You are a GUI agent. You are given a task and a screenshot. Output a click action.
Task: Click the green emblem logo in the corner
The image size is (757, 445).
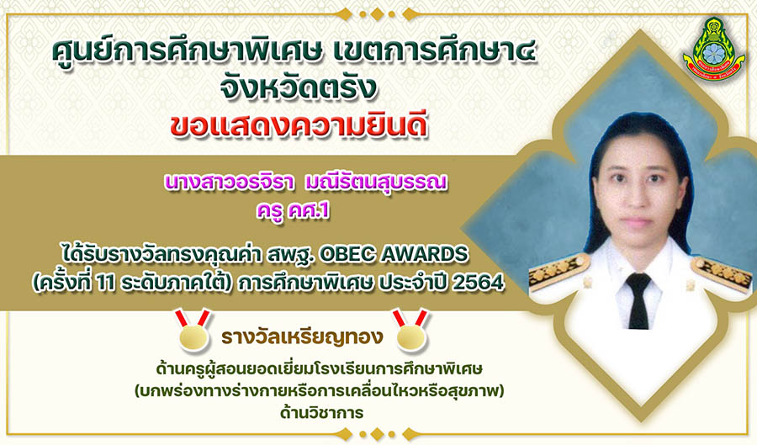tap(713, 49)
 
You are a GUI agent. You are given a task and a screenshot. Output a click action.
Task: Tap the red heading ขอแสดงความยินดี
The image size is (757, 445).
tap(299, 126)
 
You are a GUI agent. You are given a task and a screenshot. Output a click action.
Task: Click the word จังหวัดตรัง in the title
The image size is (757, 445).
tap(298, 87)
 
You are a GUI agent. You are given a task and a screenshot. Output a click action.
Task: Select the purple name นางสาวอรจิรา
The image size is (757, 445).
tap(229, 183)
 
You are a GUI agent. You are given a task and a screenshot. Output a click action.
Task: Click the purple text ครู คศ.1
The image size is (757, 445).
tap(293, 211)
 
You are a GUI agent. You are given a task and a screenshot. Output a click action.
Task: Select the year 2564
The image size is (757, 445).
tap(478, 283)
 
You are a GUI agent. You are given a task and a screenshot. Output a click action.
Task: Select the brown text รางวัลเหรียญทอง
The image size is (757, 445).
tap(302, 336)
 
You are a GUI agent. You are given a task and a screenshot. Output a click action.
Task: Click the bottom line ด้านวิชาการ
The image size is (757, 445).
tap(321, 413)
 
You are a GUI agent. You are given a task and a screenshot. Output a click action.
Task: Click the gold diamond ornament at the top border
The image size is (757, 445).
tap(377, 14)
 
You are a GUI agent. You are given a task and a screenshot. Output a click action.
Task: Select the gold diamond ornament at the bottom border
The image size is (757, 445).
tap(377, 433)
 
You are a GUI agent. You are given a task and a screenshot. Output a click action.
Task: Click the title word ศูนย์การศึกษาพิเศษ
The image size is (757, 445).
tap(187, 51)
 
